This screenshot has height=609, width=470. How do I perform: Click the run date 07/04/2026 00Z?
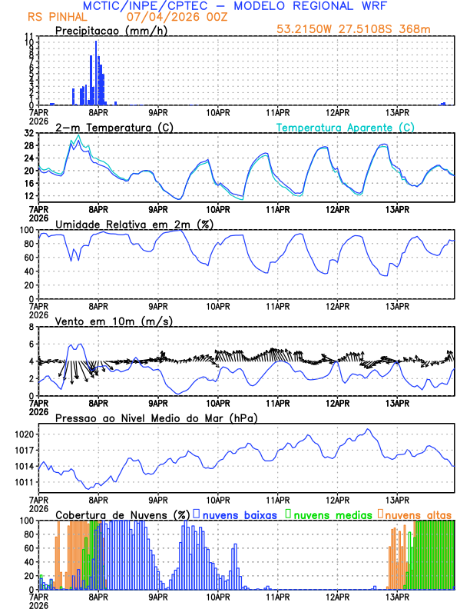click(167, 16)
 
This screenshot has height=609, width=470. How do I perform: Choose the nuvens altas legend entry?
click(418, 514)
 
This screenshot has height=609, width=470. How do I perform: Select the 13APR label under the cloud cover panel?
click(397, 597)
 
